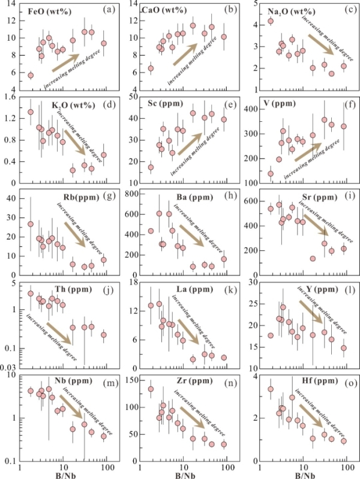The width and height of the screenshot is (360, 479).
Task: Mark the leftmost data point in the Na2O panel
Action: pyautogui.click(x=271, y=21)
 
